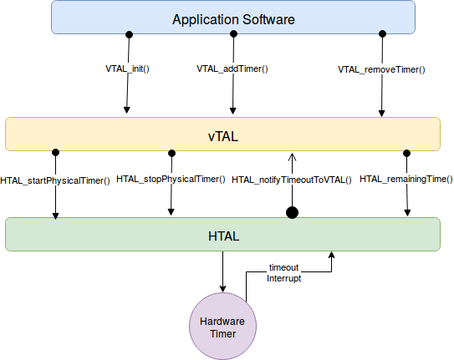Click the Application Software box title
233,20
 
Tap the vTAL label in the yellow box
223,136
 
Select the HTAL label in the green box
224,236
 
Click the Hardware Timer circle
222,326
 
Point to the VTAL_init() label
127,68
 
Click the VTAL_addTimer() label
232,68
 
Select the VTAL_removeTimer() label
381,69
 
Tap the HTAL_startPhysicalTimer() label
55,180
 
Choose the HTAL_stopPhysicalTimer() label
171,180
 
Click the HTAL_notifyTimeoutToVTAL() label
292,180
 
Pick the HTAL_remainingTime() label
406,180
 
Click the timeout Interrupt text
283,273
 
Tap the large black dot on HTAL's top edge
292,213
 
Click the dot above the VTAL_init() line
129,35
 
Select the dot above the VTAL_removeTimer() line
382,34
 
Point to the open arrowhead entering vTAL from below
292,157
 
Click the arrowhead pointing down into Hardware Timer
222,288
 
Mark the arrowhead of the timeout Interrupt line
332,255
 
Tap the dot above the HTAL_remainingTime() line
407,153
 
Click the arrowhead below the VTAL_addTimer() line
232,111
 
